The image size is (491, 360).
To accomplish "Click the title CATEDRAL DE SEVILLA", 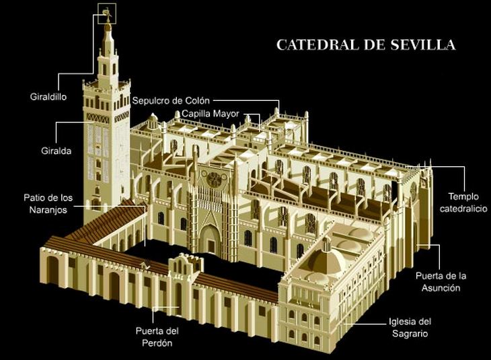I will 366,45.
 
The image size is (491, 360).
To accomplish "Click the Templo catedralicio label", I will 462,203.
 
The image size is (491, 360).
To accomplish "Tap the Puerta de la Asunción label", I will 441,282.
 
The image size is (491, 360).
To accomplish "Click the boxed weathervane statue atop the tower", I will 106,13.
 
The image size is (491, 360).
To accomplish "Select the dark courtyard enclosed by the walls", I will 222,266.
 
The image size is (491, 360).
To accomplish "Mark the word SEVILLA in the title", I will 423,45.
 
